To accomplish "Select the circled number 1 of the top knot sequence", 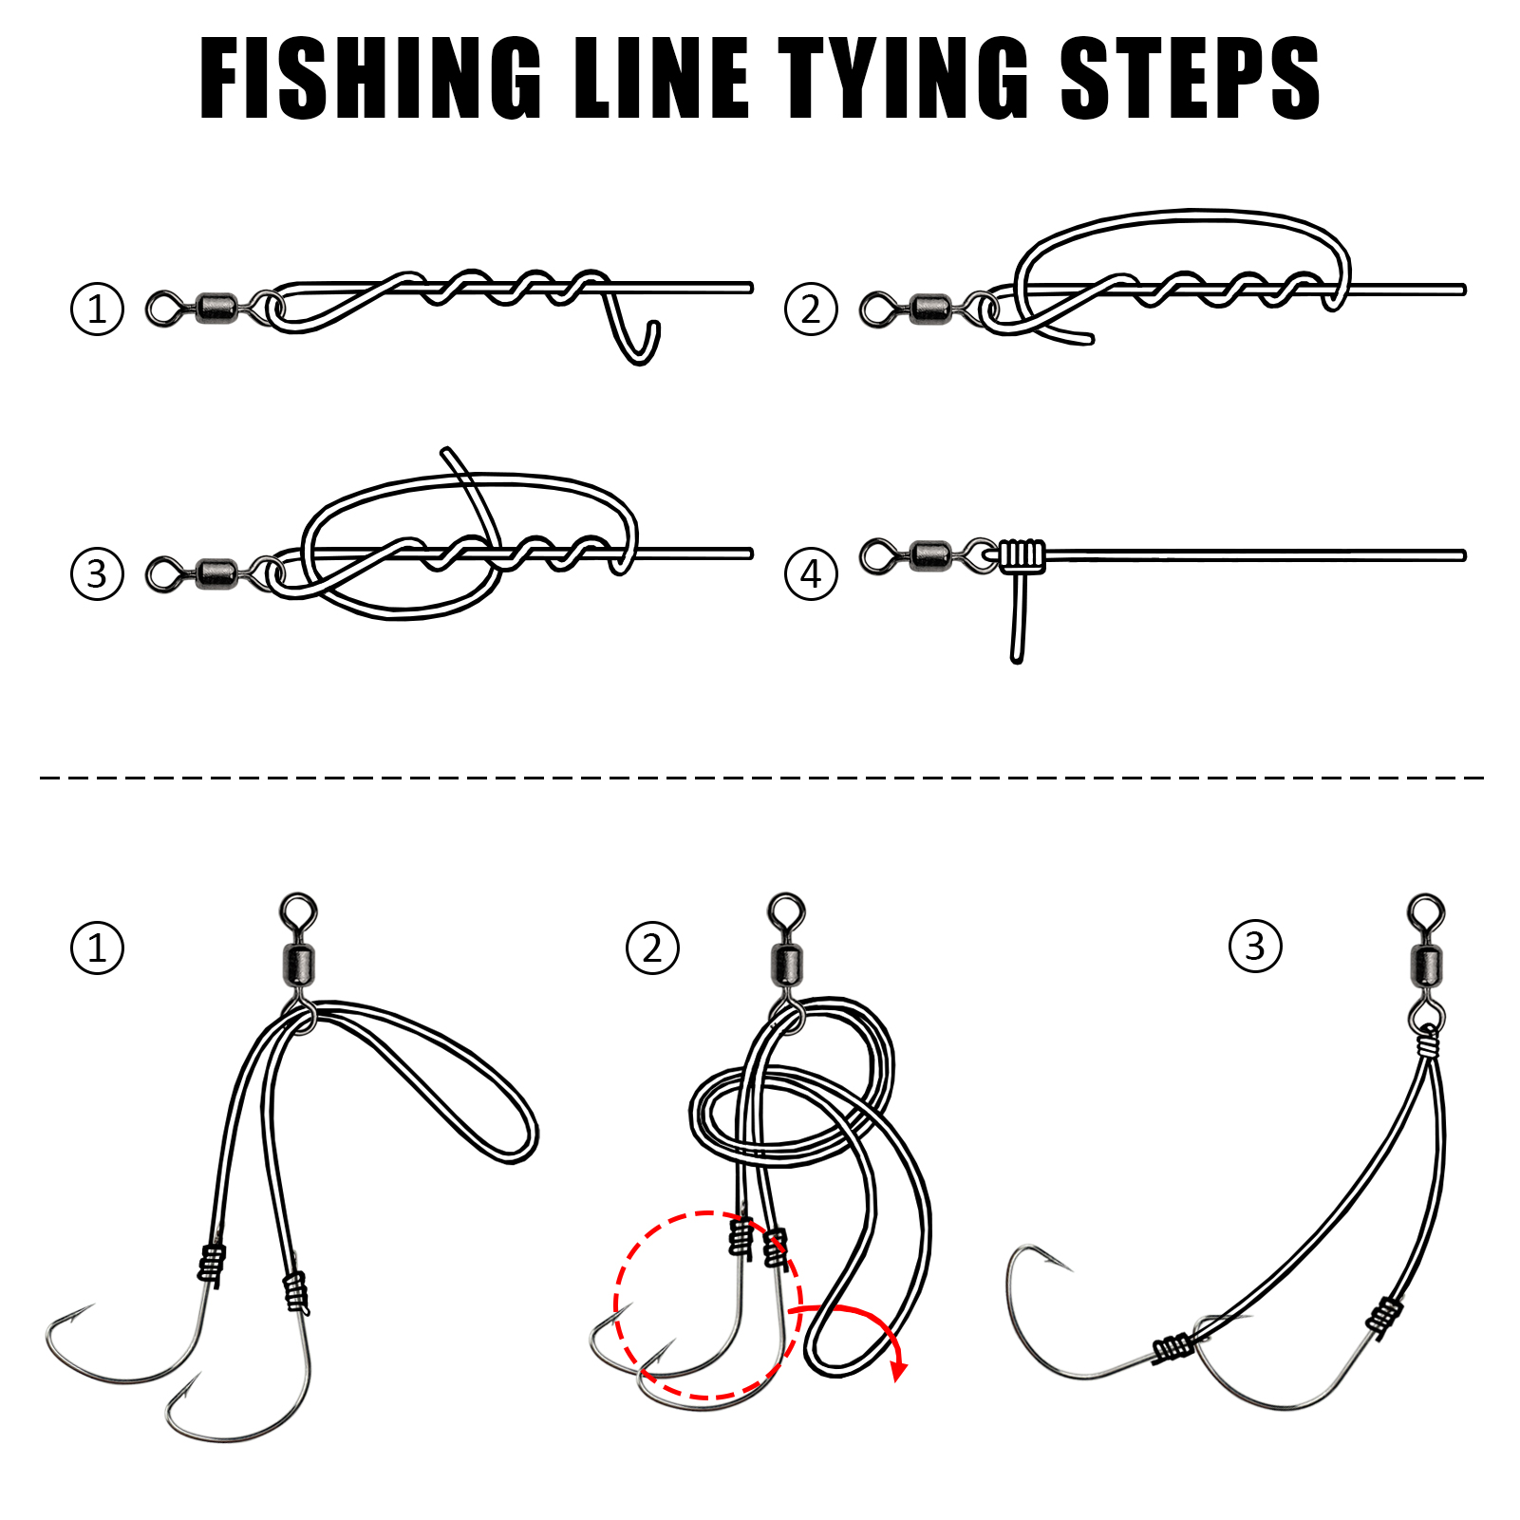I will pyautogui.click(x=97, y=309).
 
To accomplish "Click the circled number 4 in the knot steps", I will pyautogui.click(x=811, y=573).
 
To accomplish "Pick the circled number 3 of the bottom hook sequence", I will pyautogui.click(x=1254, y=947).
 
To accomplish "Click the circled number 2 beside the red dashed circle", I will pyautogui.click(x=652, y=948).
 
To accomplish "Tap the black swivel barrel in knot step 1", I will pyautogui.click(x=217, y=308).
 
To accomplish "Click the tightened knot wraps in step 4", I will pyautogui.click(x=1022, y=554).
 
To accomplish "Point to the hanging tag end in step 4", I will pyautogui.click(x=1017, y=627).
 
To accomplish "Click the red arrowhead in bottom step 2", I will pyautogui.click(x=898, y=1370).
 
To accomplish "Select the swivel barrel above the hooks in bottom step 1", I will pyautogui.click(x=300, y=965).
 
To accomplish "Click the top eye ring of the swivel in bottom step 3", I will pyautogui.click(x=1426, y=911).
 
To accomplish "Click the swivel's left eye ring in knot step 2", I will pyautogui.click(x=876, y=310).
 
